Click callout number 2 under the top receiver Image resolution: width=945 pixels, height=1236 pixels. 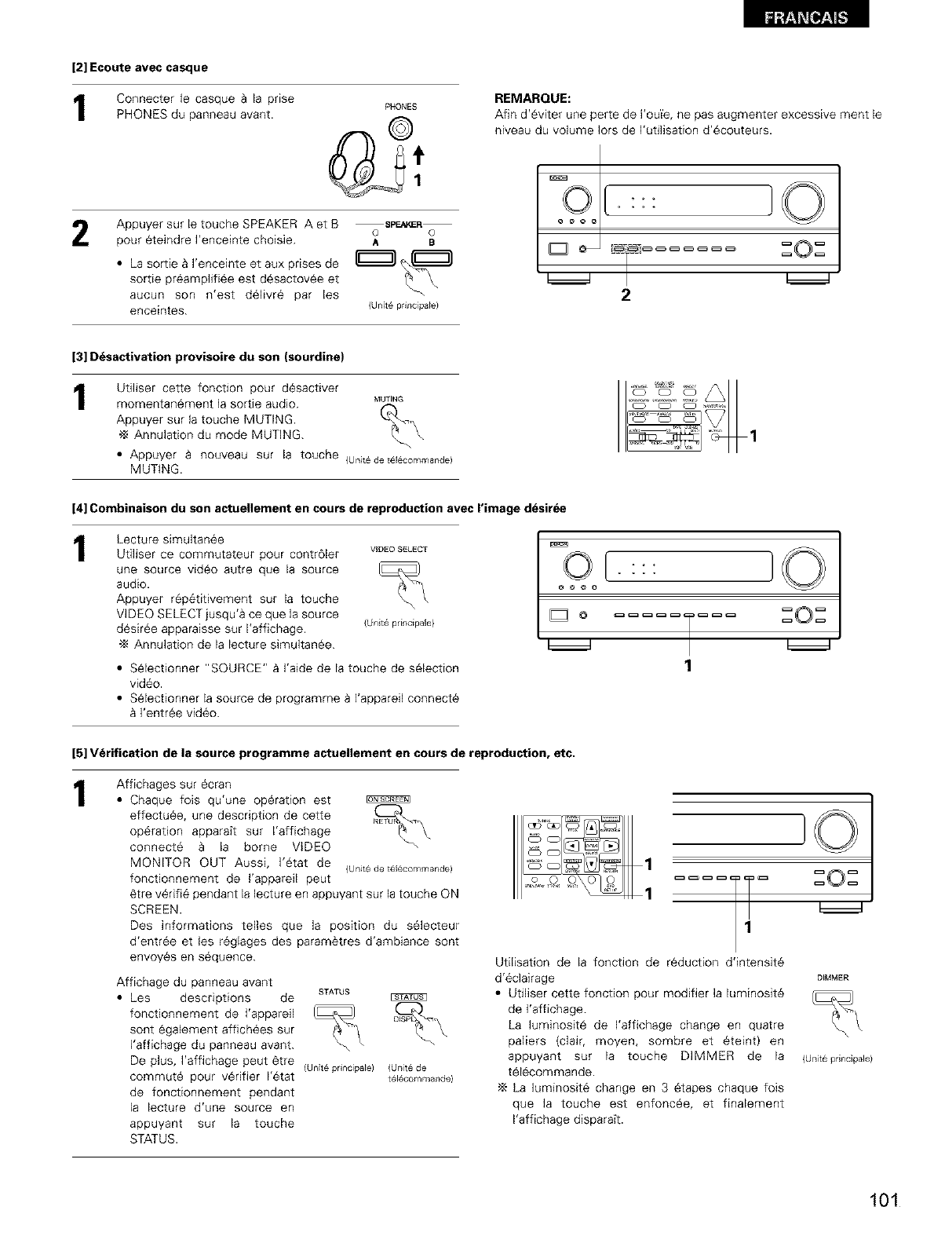626,296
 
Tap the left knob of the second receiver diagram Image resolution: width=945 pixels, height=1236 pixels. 577,564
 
